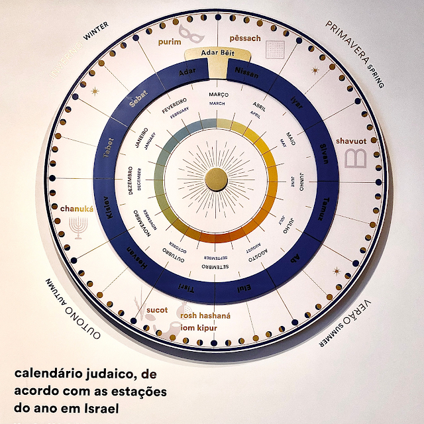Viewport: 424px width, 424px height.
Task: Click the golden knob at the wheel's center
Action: click(217, 179)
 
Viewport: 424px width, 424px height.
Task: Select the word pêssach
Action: click(244, 38)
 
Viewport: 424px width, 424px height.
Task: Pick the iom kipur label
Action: click(199, 329)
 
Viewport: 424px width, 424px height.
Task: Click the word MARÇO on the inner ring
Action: click(218, 95)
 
